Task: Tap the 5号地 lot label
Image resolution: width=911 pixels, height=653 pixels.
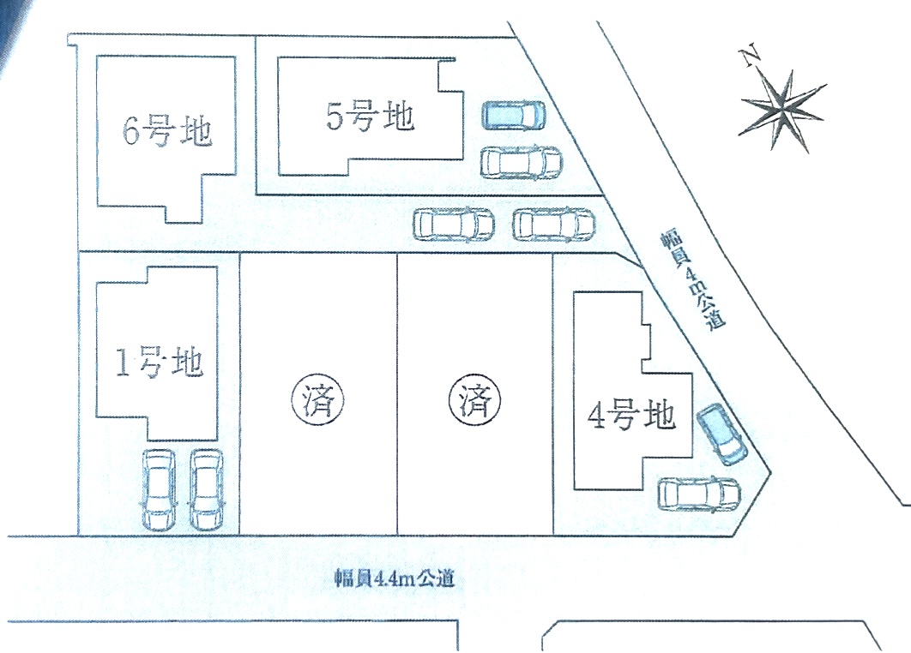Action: click(x=371, y=117)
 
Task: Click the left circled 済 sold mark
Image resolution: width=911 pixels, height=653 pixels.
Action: click(x=319, y=399)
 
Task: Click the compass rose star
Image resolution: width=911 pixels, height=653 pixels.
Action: click(x=783, y=106)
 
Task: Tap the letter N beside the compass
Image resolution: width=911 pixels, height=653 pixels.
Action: click(x=751, y=58)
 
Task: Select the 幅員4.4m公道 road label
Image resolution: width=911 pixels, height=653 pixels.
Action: click(x=394, y=578)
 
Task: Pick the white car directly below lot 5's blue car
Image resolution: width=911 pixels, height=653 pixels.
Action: click(x=520, y=161)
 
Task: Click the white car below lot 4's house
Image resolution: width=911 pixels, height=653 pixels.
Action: click(x=699, y=494)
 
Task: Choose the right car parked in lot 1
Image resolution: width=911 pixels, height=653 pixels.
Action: click(x=206, y=489)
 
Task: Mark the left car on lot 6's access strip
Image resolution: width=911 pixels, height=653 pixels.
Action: click(x=454, y=225)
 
